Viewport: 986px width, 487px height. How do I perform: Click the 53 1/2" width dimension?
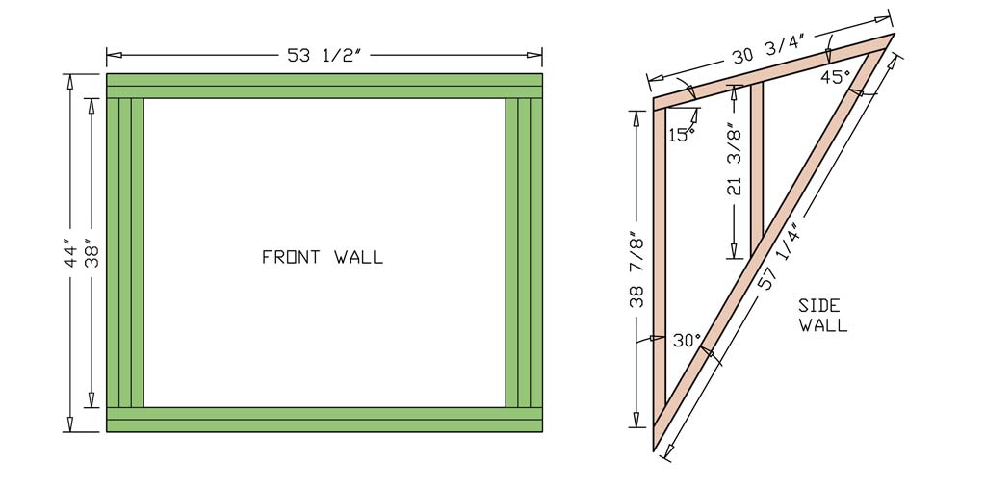pos(324,55)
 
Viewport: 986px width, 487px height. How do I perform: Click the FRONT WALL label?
pos(323,257)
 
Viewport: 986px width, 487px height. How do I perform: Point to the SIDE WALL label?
pos(823,316)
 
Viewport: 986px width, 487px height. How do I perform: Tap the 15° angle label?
pos(682,136)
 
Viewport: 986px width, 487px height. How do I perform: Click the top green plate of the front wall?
pos(324,86)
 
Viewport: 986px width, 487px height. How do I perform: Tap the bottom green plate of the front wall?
pos(324,420)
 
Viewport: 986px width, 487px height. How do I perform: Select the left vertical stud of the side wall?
pos(661,269)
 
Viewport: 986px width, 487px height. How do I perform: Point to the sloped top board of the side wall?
pos(770,72)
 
